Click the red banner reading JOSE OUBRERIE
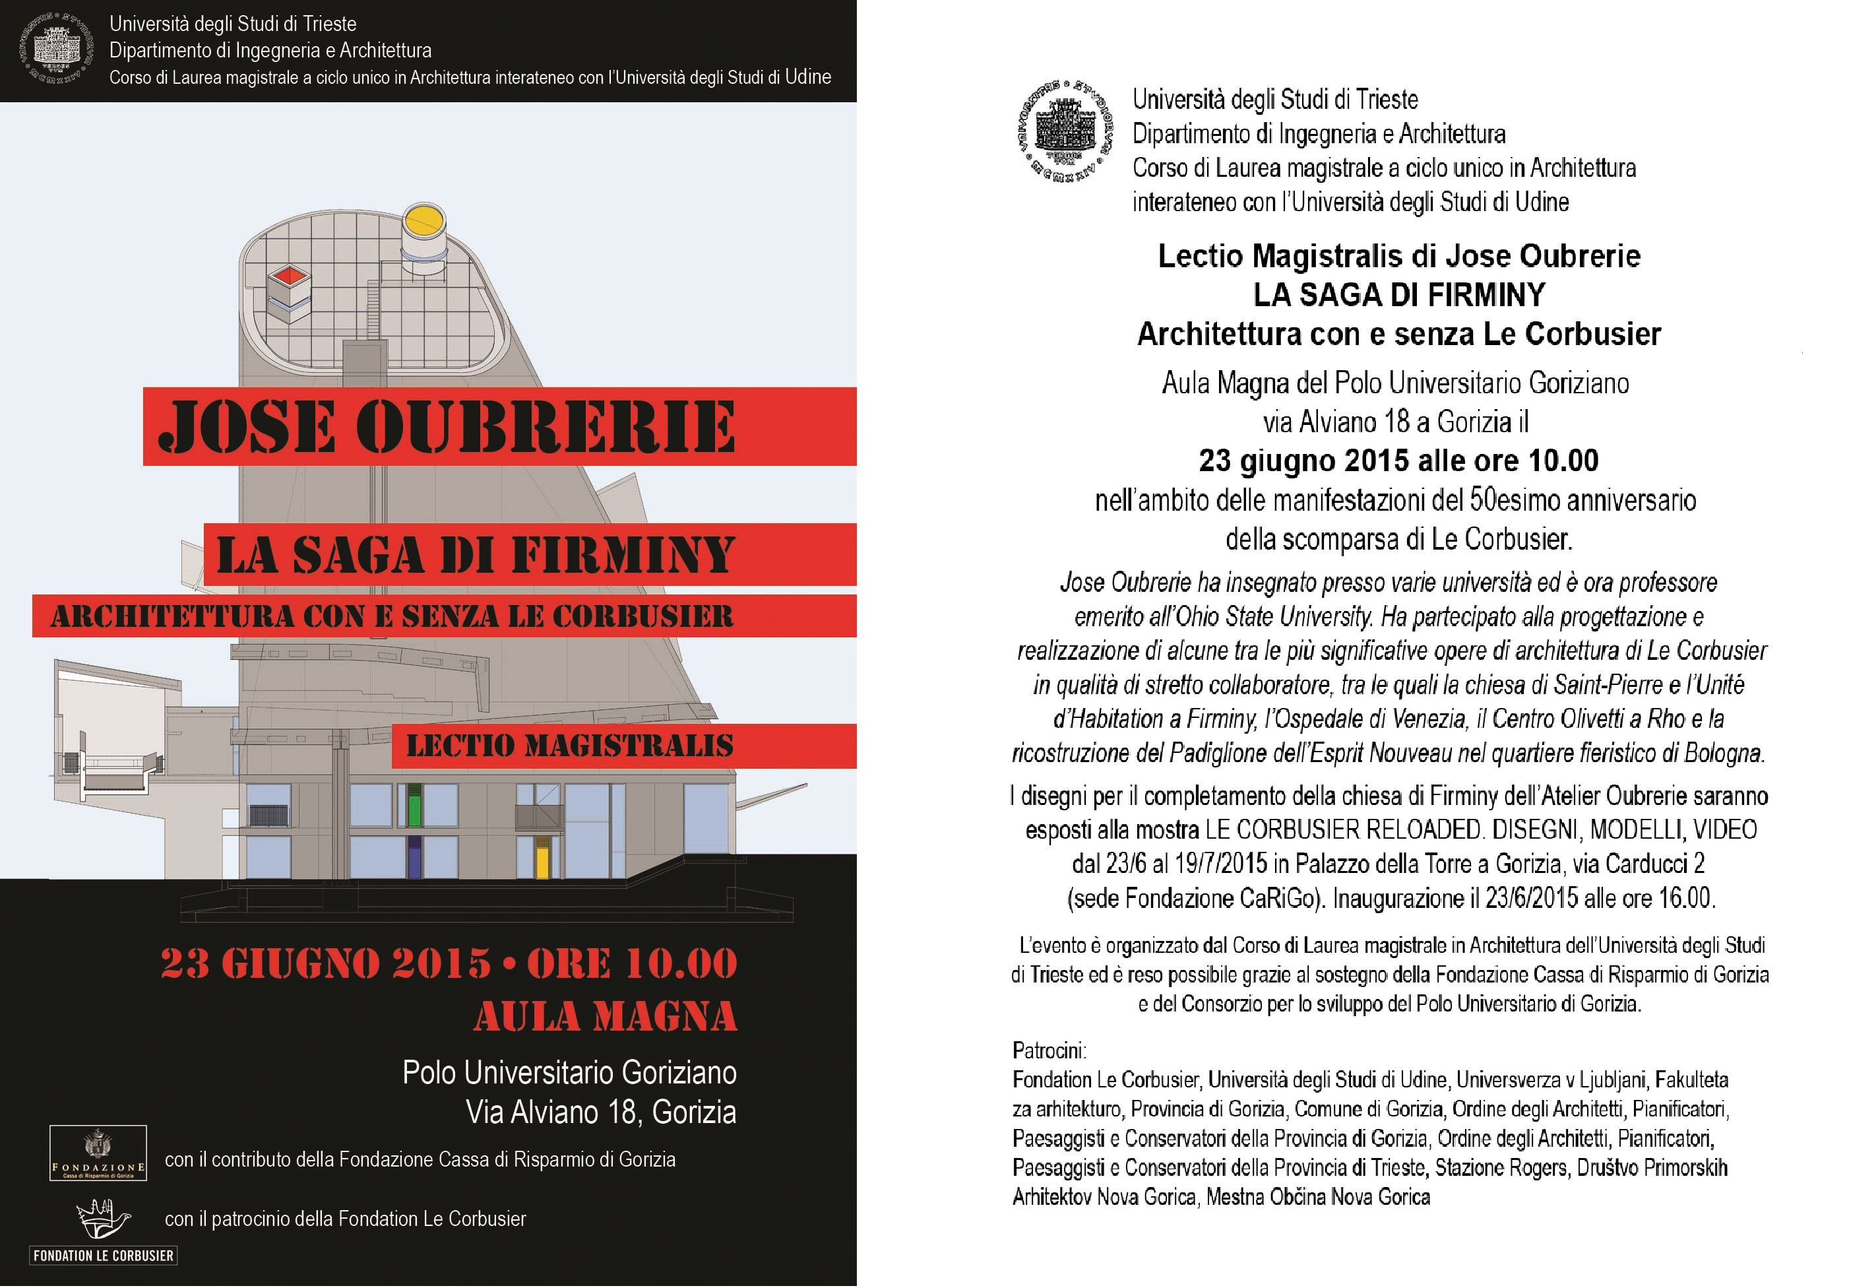(498, 426)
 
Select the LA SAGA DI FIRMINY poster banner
(529, 555)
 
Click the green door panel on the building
(414, 805)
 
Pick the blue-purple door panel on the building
(414, 858)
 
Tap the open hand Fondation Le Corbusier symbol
(102, 1219)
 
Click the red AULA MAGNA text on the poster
(605, 1017)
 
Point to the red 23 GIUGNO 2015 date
(325, 963)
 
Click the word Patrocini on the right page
(1049, 1050)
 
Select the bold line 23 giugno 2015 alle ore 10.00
(1398, 461)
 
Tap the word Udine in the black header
(807, 77)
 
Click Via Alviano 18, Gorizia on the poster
(600, 1112)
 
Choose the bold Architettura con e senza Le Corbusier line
(1398, 333)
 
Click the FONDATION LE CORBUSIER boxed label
(104, 1255)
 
